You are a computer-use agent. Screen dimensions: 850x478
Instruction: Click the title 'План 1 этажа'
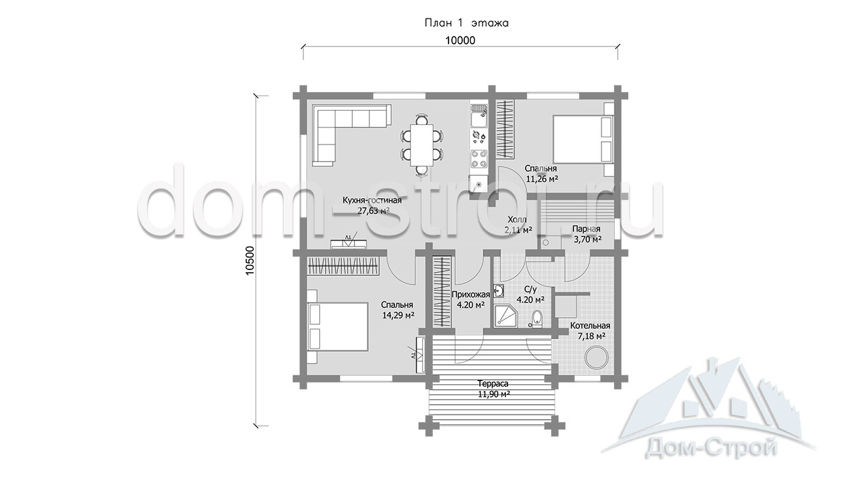click(466, 23)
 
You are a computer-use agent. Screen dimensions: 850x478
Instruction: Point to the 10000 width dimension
click(460, 41)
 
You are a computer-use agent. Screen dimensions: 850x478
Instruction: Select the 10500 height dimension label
click(250, 261)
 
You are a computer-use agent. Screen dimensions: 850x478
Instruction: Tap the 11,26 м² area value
click(542, 179)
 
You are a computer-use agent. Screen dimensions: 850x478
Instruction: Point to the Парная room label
click(586, 229)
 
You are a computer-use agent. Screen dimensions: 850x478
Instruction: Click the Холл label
click(517, 220)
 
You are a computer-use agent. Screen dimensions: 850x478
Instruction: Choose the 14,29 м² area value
click(398, 315)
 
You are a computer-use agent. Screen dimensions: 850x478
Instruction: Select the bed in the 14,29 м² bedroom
click(338, 327)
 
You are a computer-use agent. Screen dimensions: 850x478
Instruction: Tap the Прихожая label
click(471, 294)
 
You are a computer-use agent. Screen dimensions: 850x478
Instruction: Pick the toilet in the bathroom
click(536, 319)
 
